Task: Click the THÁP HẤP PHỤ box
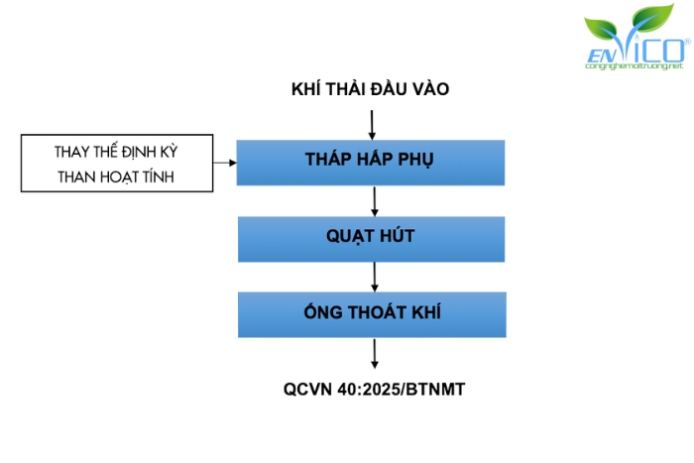pos(371,162)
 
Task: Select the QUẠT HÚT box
pos(371,237)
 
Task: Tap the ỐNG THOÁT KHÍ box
pos(371,313)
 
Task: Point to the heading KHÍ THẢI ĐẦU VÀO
pos(371,89)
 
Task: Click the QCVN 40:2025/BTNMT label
pos(374,389)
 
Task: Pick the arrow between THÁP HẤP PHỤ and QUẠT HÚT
pos(374,200)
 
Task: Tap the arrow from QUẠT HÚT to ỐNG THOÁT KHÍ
pos(374,276)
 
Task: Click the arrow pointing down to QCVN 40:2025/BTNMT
pos(374,354)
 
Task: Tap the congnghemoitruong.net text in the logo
pos(635,66)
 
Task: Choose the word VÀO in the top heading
pos(427,89)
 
